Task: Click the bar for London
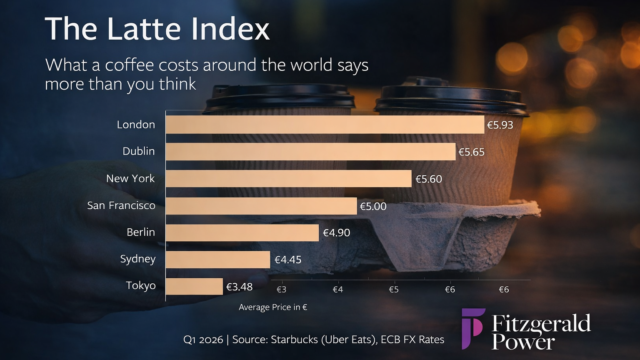coord(325,125)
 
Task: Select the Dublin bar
coord(310,152)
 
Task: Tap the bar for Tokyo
coord(194,287)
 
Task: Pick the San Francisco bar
coord(261,206)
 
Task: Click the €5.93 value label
coord(500,125)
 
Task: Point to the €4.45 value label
coord(287,260)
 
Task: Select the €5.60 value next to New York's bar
coord(428,179)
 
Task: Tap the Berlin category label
coord(140,232)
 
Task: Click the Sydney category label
coord(137,259)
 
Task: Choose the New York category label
coord(130,178)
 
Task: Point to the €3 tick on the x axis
coord(281,289)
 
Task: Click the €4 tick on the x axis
coord(337,289)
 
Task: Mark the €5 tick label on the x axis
coord(394,289)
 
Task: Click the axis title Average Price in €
coord(273,307)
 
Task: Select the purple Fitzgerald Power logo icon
coord(473,328)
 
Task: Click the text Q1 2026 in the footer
coord(203,340)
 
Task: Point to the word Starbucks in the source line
coord(294,340)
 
